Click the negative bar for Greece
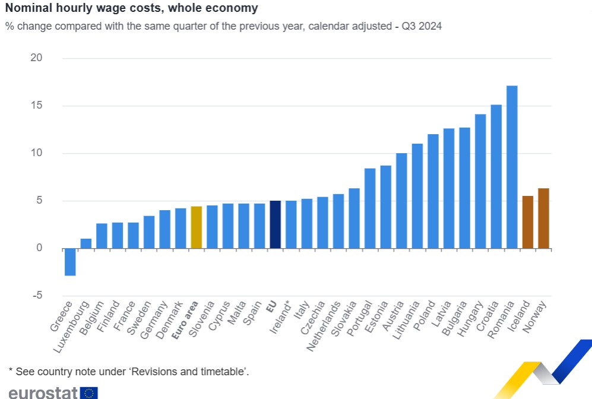click(x=70, y=262)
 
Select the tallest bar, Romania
click(x=512, y=167)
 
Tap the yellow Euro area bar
click(x=197, y=227)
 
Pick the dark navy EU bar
click(x=276, y=224)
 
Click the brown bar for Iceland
click(x=528, y=222)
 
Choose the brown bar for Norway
click(x=544, y=218)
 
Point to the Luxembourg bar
click(x=86, y=243)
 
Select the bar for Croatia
click(x=496, y=177)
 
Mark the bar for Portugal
click(x=370, y=208)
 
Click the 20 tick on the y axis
click(x=36, y=58)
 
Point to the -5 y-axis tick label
click(x=37, y=295)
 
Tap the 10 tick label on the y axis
click(x=37, y=153)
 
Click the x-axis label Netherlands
click(x=324, y=326)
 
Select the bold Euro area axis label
click(x=185, y=319)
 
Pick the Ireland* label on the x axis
click(x=280, y=317)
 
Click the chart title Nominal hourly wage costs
click(x=132, y=8)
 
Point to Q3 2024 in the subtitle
click(x=422, y=26)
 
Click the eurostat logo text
click(x=43, y=392)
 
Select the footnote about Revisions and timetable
click(x=129, y=372)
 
